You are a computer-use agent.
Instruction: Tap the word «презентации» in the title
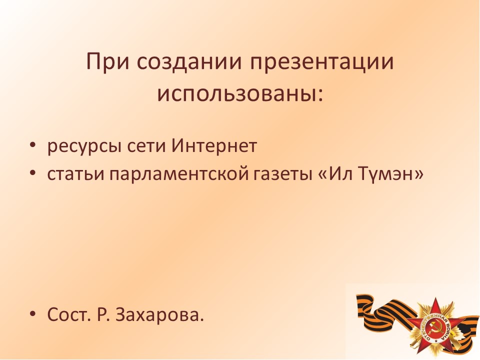pyautogui.click(x=322, y=62)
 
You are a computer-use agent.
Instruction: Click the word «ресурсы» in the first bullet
pyautogui.click(x=83, y=146)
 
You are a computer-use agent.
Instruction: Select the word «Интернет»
pyautogui.click(x=214, y=145)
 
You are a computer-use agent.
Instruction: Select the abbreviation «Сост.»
pyautogui.click(x=69, y=314)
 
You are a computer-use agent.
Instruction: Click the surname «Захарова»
pyautogui.click(x=159, y=314)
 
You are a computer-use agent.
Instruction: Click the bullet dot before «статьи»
pyautogui.click(x=33, y=172)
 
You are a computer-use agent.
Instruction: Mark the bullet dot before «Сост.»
pyautogui.click(x=33, y=313)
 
